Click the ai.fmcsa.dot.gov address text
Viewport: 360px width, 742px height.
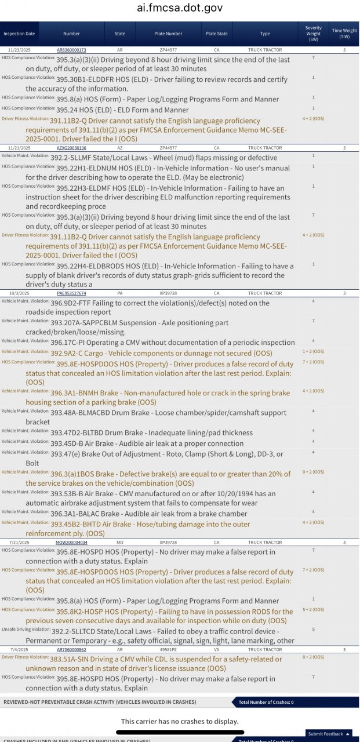[x=180, y=8]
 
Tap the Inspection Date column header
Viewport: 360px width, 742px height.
[x=19, y=34]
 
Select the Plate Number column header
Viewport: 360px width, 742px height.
[x=168, y=34]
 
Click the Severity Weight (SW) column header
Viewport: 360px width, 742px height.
[x=314, y=34]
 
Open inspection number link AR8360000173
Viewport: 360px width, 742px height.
[x=71, y=50]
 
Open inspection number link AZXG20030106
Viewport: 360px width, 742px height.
[x=71, y=148]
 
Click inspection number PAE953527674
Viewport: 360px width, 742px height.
[x=71, y=293]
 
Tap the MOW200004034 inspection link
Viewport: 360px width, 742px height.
[x=71, y=542]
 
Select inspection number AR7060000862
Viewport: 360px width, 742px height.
[x=71, y=650]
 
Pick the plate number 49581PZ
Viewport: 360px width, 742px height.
[x=168, y=650]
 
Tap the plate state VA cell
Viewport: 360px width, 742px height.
[x=217, y=650]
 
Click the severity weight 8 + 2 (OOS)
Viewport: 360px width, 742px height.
[x=314, y=657]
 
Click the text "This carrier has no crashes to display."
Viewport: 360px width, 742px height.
[x=180, y=721]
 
